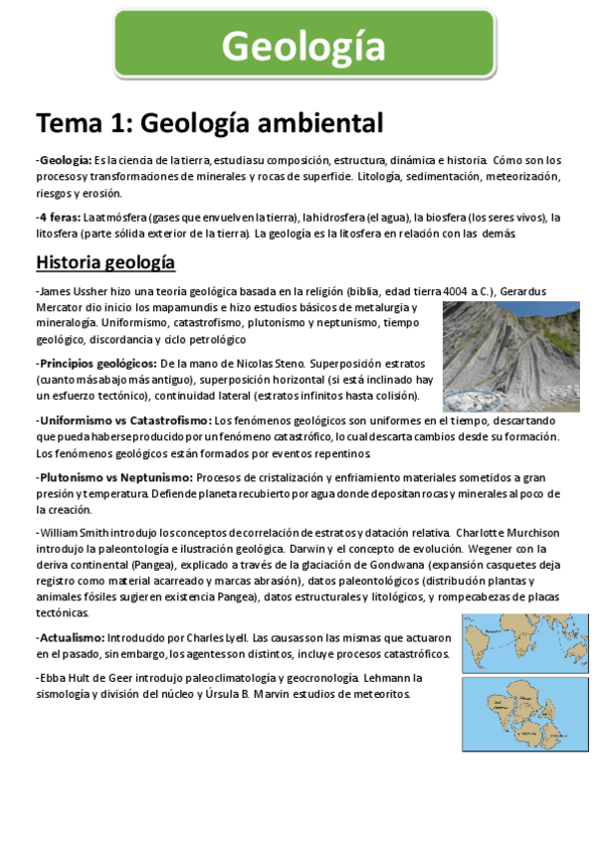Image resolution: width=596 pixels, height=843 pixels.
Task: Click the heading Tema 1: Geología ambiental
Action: tap(209, 123)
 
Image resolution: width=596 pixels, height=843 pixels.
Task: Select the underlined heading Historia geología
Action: tap(105, 262)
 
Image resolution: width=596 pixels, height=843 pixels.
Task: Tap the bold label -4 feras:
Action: tap(59, 218)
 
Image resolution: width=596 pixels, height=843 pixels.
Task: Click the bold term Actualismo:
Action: tap(72, 637)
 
